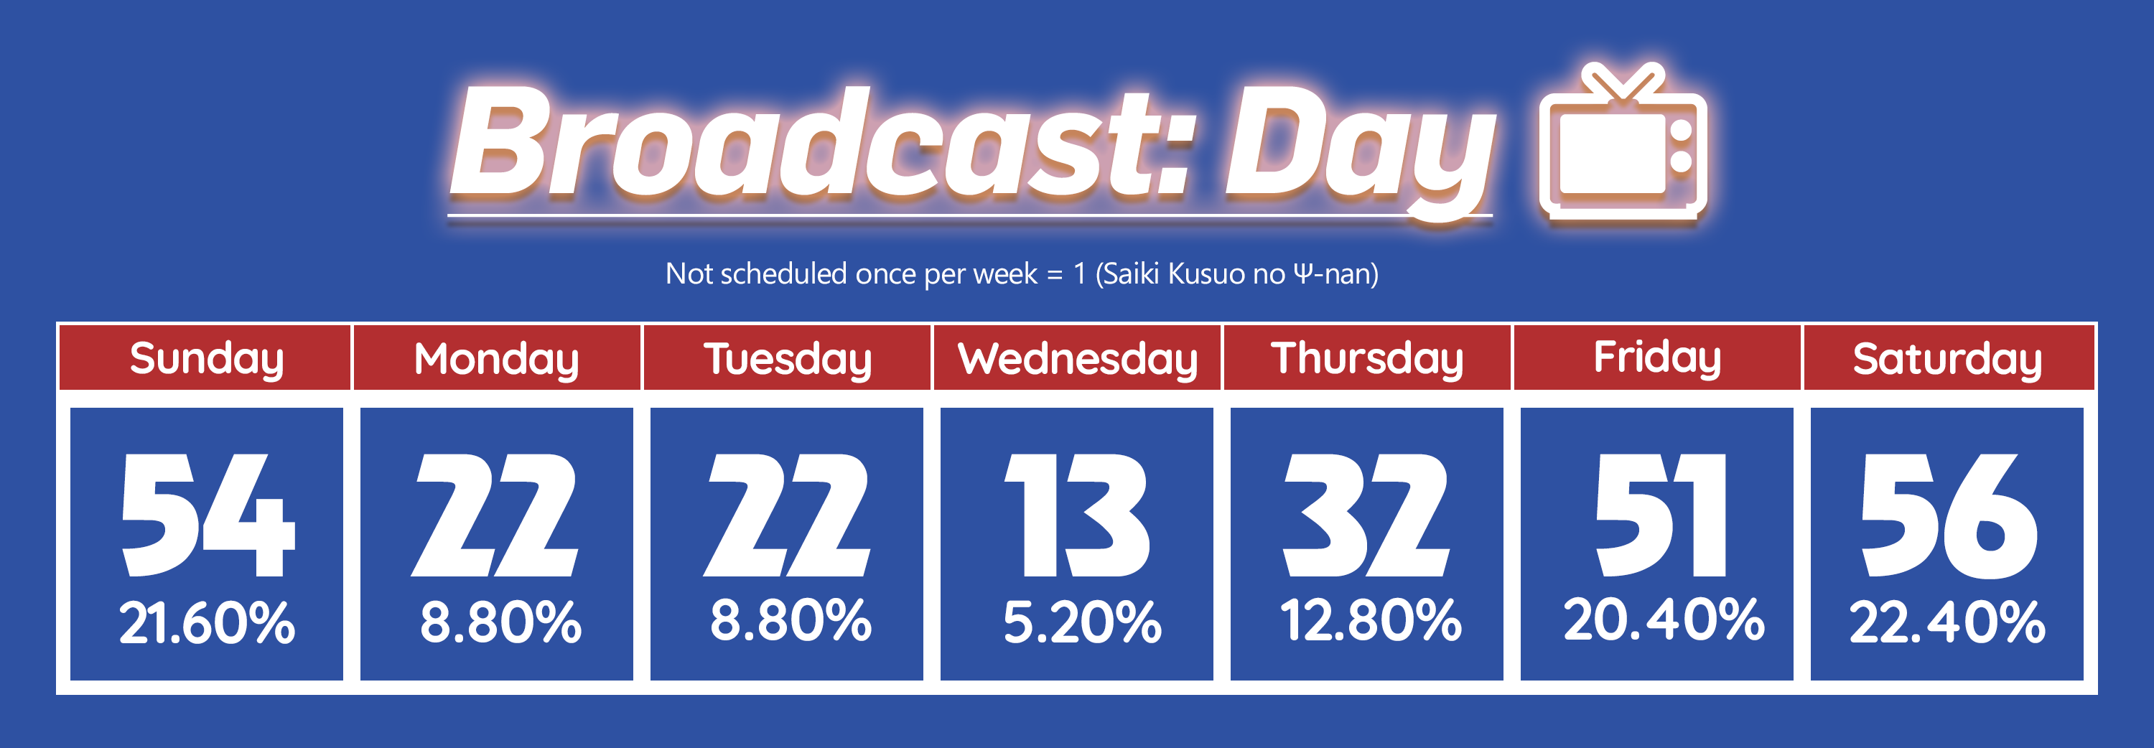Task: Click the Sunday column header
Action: tap(205, 357)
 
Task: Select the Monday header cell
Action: tap(497, 357)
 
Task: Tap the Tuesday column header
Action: tap(787, 357)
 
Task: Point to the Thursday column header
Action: tap(1367, 357)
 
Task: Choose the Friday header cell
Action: tap(1657, 357)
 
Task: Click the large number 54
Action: tap(208, 515)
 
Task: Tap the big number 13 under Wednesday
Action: tap(1077, 515)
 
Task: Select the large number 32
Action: tap(1366, 515)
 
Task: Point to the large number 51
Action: tap(1661, 515)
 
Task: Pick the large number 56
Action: tap(1949, 515)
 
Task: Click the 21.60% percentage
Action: tap(207, 622)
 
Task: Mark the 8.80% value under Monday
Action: tap(500, 622)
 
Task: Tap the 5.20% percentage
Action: tap(1082, 622)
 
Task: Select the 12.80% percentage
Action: tap(1371, 620)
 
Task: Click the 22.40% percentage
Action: tap(1947, 622)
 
